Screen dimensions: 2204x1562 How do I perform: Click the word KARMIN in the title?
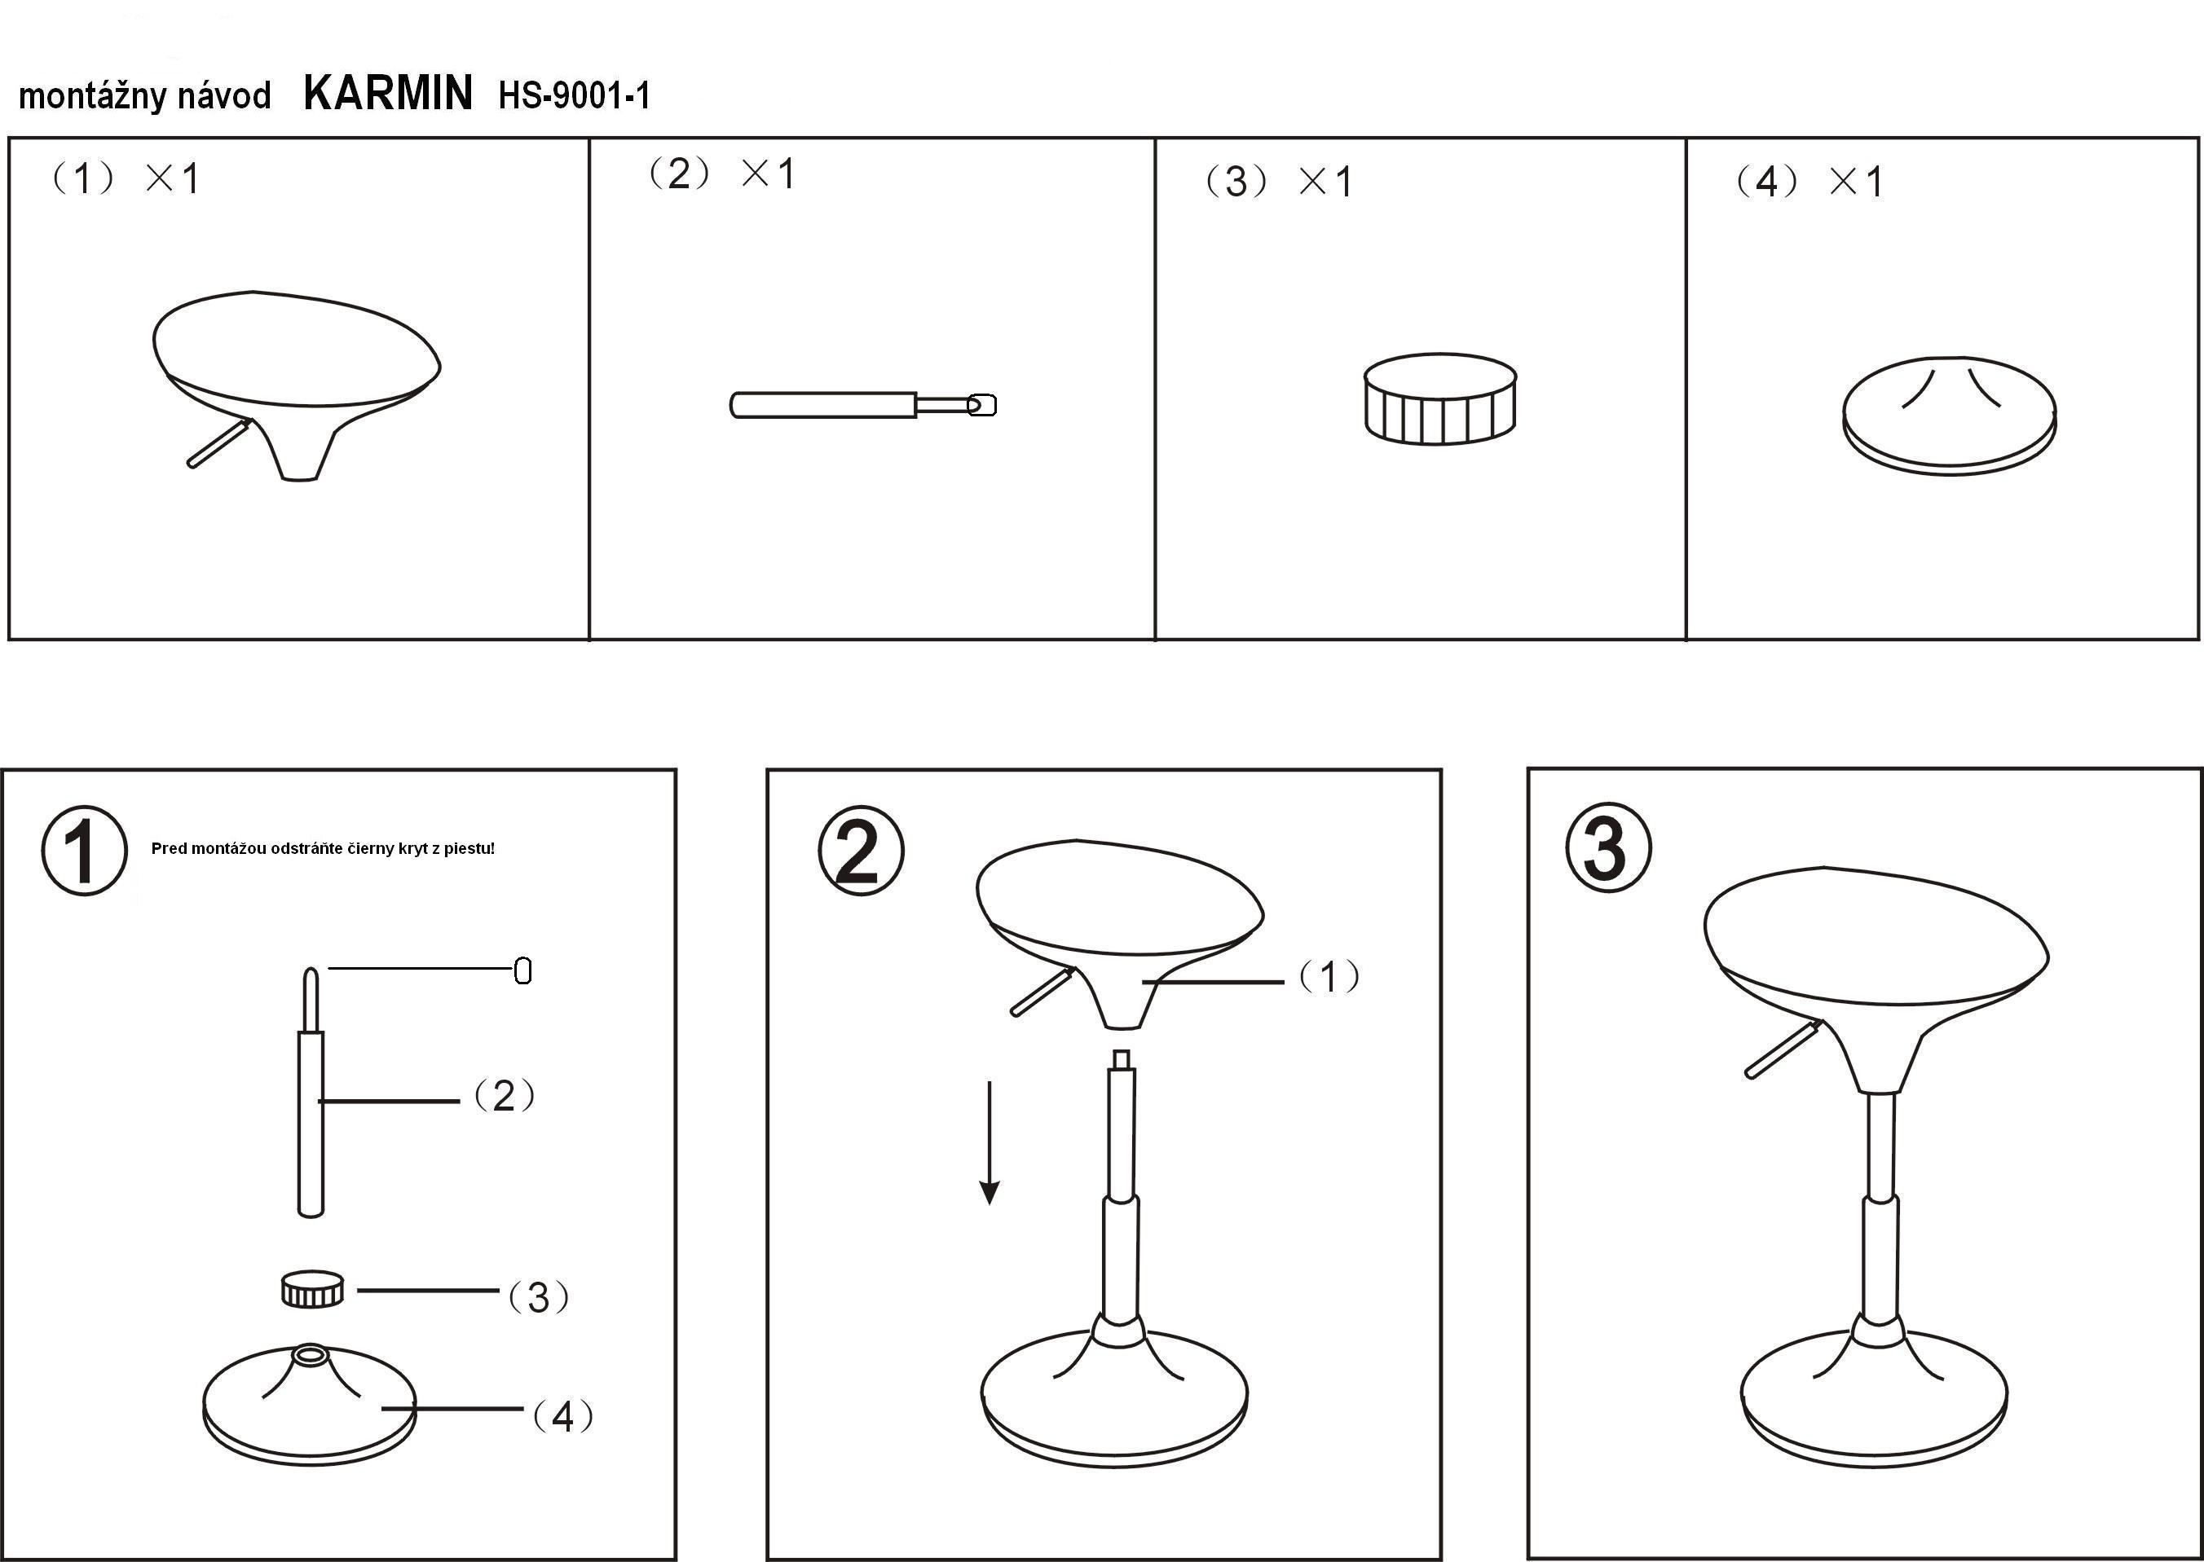click(388, 94)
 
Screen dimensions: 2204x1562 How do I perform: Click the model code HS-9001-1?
click(575, 95)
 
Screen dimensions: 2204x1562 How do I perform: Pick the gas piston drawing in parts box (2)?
click(863, 404)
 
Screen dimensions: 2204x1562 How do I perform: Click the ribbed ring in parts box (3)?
click(1440, 398)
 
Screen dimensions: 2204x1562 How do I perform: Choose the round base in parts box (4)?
click(1949, 416)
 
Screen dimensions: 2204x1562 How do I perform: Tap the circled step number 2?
click(860, 850)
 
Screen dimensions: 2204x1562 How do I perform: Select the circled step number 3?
click(1608, 848)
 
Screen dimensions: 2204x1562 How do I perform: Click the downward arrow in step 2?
click(989, 1142)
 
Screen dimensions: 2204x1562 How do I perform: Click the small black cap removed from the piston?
click(522, 970)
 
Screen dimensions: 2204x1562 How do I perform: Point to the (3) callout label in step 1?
click(539, 1297)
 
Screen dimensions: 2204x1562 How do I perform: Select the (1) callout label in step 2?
click(1329, 977)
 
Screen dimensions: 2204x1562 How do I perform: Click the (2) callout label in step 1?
click(504, 1095)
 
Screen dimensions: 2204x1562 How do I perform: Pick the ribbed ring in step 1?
click(311, 1288)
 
